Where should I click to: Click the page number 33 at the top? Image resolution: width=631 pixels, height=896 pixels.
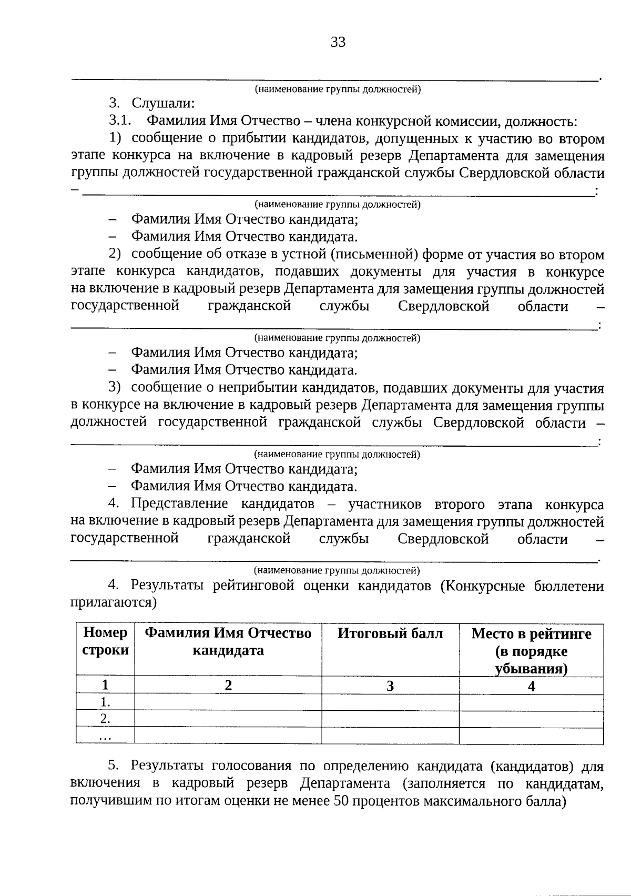[x=338, y=42]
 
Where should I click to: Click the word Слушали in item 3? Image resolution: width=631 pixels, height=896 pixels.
[x=163, y=104]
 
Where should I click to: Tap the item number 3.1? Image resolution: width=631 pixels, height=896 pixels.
[x=119, y=121]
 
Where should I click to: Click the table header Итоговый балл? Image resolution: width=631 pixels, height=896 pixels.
[x=390, y=633]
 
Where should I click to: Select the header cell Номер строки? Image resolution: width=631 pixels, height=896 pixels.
[x=105, y=641]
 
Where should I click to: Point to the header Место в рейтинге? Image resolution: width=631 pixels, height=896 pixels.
[x=531, y=634]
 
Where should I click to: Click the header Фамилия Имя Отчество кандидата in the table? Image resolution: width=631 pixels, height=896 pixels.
[x=228, y=641]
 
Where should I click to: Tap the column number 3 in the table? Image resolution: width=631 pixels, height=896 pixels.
[x=390, y=686]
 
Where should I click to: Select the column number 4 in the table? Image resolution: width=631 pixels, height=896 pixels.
[x=531, y=686]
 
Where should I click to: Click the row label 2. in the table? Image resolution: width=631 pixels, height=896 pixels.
[x=105, y=719]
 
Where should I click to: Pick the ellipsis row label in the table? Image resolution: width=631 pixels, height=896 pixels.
[x=105, y=737]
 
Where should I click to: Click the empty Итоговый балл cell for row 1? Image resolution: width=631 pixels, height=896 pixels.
[x=390, y=702]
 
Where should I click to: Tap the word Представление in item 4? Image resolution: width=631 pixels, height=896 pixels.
[x=179, y=504]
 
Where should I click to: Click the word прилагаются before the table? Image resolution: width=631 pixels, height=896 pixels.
[x=114, y=602]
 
